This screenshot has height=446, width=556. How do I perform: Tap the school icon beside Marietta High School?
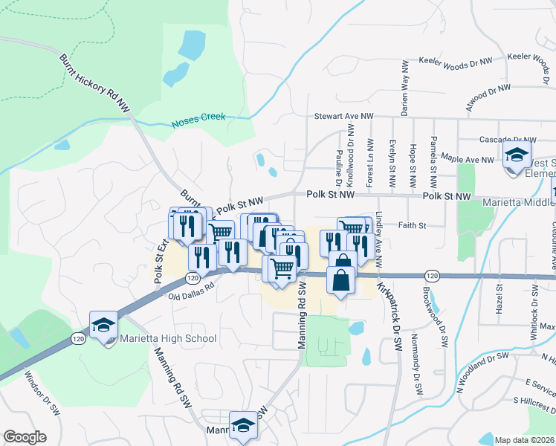104,325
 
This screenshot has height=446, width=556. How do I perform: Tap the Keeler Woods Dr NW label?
456,61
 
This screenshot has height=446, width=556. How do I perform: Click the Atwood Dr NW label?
488,98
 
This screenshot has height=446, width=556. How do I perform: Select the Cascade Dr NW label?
508,140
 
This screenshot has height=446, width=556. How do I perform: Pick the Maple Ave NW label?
467,159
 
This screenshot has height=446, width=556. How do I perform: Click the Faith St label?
411,225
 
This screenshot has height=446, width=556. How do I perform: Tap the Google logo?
25,437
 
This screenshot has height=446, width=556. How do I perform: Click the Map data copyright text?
525,440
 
